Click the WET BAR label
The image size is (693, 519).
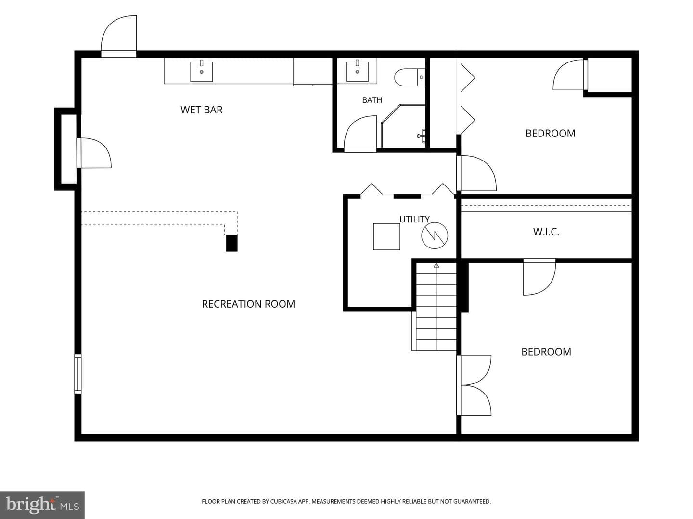pyautogui.click(x=202, y=110)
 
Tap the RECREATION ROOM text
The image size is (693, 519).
pyautogui.click(x=248, y=304)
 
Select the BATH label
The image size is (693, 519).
pyautogui.click(x=372, y=100)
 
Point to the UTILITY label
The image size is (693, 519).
pyautogui.click(x=414, y=219)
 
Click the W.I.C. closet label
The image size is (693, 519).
pyautogui.click(x=546, y=232)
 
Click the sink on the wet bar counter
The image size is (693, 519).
pyautogui.click(x=202, y=71)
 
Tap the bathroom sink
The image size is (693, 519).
pyautogui.click(x=357, y=71)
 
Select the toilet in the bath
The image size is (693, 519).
pyautogui.click(x=410, y=77)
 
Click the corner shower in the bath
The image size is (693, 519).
pyautogui.click(x=403, y=126)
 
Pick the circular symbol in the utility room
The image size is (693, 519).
pyautogui.click(x=435, y=235)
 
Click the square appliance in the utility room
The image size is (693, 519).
pyautogui.click(x=387, y=236)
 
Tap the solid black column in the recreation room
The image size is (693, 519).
pyautogui.click(x=232, y=243)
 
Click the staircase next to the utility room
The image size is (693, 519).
pyautogui.click(x=436, y=307)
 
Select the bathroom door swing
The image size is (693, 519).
pyautogui.click(x=360, y=132)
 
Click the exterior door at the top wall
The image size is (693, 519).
pyautogui.click(x=119, y=36)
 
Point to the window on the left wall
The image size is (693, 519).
pyautogui.click(x=77, y=374)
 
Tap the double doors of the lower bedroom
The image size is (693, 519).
pyautogui.click(x=474, y=385)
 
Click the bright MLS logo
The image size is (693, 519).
pyautogui.click(x=42, y=505)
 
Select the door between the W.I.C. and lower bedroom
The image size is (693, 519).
pyautogui.click(x=539, y=277)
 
